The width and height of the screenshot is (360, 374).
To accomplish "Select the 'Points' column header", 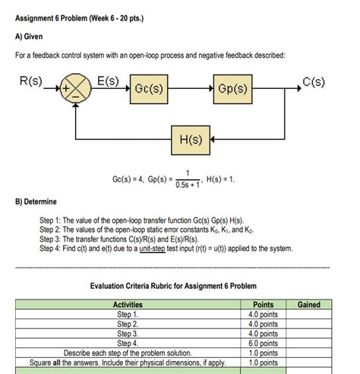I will [267, 305].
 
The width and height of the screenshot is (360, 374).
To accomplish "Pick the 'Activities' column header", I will [128, 305].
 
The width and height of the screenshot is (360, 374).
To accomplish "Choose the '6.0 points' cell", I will [267, 343].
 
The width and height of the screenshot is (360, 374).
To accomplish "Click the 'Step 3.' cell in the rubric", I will [128, 333].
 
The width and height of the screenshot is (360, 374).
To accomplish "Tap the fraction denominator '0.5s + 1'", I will [188, 182].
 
